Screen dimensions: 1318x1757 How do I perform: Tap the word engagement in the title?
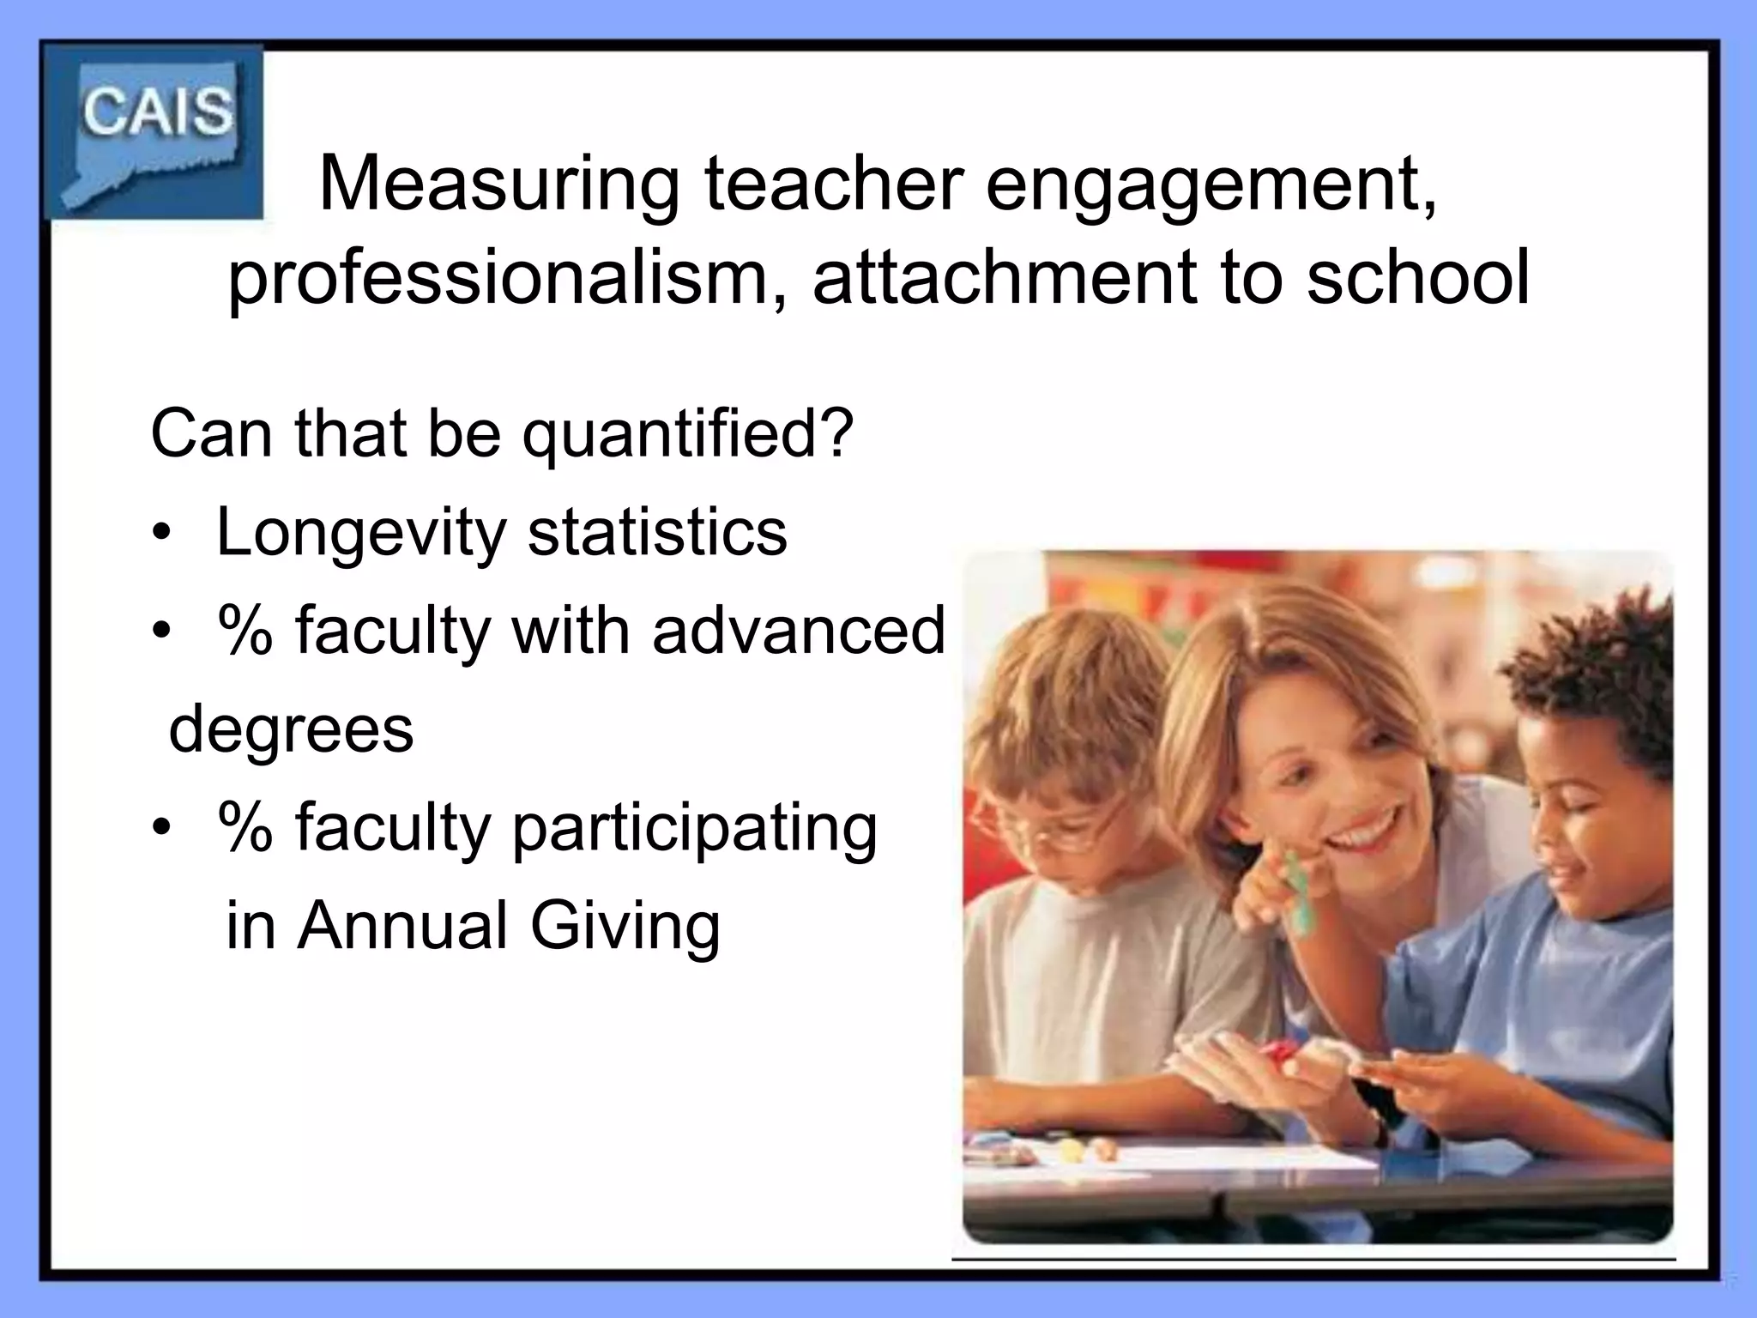(x=1211, y=187)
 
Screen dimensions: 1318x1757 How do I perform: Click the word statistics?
(x=657, y=533)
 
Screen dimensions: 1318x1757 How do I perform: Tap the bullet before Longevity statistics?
(x=160, y=535)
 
